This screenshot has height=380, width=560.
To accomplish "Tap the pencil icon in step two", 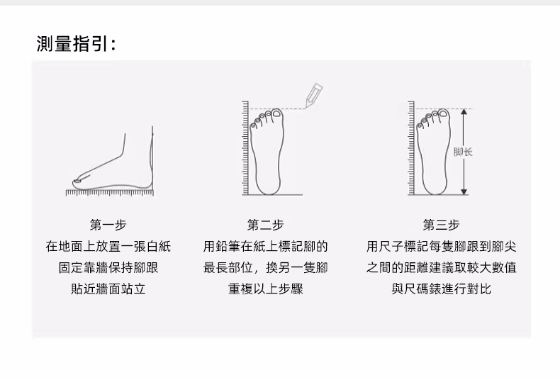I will [313, 95].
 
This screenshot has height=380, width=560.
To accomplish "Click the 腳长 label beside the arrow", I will [467, 152].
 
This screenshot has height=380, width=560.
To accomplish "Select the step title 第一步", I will [108, 225].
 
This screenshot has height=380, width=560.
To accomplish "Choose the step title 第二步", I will [265, 225].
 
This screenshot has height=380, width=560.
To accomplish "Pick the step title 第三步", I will [441, 225].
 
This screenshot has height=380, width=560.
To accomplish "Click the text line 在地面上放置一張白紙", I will [108, 247].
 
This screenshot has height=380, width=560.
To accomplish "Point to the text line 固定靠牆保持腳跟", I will [108, 268].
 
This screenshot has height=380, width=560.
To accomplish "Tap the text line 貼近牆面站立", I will [108, 289].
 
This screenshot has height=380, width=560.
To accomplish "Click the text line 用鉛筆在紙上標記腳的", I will [265, 247].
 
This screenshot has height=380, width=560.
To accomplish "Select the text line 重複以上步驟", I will [265, 289].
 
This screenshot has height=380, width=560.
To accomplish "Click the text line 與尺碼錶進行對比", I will [441, 289].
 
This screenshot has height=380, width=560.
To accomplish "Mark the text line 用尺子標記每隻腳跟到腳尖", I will [441, 247].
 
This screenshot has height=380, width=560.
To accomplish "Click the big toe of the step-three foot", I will [443, 115].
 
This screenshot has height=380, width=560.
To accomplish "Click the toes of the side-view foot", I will [77, 182].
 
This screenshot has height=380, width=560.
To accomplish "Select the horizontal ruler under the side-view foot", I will [108, 192].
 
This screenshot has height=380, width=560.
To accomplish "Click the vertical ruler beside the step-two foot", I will [246, 149].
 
